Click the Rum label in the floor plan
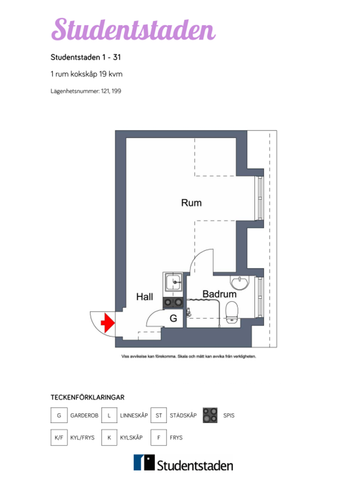(191, 202)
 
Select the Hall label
(145, 297)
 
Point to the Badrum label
(219, 294)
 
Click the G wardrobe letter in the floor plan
(173, 317)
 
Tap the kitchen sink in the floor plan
(173, 280)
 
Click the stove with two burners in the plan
(173, 299)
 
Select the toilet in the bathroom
(232, 315)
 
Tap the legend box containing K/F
(59, 438)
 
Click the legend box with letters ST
(159, 414)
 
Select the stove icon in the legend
(209, 414)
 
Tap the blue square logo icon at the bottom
(146, 463)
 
